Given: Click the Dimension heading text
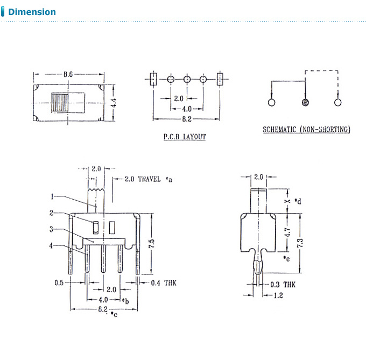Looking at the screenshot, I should pyautogui.click(x=32, y=12).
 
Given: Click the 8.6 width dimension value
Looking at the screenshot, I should pyautogui.click(x=68, y=74).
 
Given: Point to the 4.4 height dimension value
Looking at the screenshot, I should pyautogui.click(x=114, y=102).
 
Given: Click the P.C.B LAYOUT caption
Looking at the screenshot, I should pyautogui.click(x=184, y=137).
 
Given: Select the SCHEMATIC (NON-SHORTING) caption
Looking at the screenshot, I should pyautogui.click(x=306, y=129).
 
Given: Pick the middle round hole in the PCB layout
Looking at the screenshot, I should pyautogui.click(x=187, y=79).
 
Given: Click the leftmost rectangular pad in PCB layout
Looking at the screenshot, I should pyautogui.click(x=153, y=79).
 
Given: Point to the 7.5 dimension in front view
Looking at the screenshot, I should pyautogui.click(x=152, y=244).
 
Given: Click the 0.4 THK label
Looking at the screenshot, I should pyautogui.click(x=163, y=283).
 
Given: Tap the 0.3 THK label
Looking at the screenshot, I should pyautogui.click(x=281, y=285).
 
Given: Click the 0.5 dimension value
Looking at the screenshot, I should pyautogui.click(x=60, y=283).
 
